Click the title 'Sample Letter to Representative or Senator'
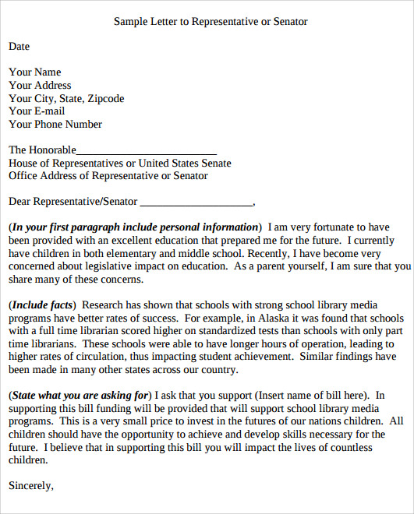click(x=211, y=22)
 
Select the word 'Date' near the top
click(x=19, y=47)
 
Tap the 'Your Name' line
click(x=34, y=72)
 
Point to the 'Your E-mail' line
click(x=37, y=111)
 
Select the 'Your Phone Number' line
click(x=55, y=125)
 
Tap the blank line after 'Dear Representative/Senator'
click(x=196, y=202)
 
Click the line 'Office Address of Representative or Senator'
click(x=108, y=176)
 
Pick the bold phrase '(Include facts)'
click(x=42, y=305)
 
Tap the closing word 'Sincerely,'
click(x=31, y=485)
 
